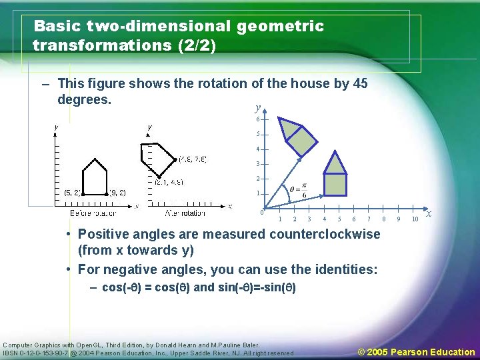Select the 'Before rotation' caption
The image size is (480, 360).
[93, 213]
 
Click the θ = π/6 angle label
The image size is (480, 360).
[297, 189]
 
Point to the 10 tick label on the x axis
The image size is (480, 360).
[415, 219]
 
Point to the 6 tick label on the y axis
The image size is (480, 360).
[258, 119]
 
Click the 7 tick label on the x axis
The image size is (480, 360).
[369, 219]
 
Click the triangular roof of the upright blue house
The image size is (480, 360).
[335, 163]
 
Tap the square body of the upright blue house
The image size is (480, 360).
[335, 184]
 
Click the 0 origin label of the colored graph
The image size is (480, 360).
[262, 213]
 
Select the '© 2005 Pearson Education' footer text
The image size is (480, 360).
[417, 351]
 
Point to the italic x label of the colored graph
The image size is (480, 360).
[429, 213]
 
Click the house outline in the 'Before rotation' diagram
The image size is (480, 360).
[94, 179]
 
